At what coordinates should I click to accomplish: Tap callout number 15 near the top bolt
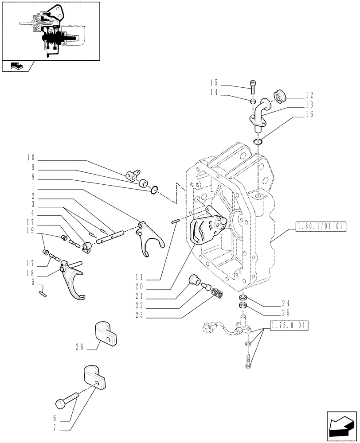[x=214, y=82]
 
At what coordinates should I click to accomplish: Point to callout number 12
[x=309, y=95]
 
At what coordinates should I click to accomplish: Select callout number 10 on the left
[x=30, y=158]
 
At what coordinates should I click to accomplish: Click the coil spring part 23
[x=216, y=293]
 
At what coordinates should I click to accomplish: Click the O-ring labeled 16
[x=258, y=142]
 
